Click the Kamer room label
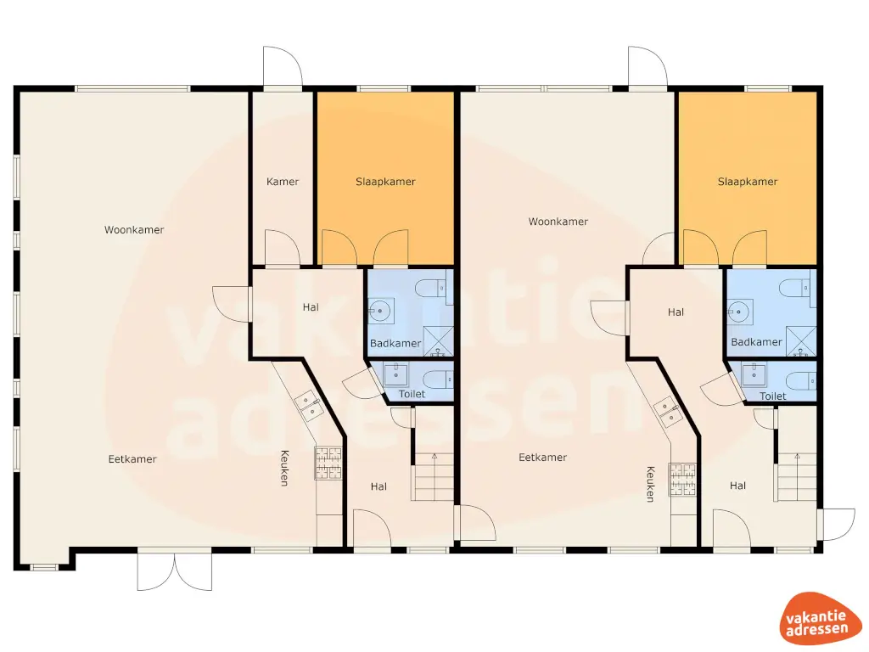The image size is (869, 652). point(283,182)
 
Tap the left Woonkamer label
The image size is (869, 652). point(134,230)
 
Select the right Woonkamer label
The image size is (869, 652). point(558,222)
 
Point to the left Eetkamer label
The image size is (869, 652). point(132,459)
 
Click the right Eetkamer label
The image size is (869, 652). point(542,458)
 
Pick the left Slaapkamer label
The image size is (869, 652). point(385,182)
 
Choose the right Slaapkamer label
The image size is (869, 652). point(748,182)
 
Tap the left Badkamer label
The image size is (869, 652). point(395,343)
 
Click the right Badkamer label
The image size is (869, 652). point(756,342)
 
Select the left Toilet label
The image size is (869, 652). point(412,395)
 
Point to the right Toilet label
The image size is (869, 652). point(772,396)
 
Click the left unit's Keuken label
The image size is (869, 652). point(284,468)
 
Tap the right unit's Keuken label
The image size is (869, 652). point(650,484)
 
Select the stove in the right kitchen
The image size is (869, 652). point(682,478)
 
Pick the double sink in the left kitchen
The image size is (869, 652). point(308,407)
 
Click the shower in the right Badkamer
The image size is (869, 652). point(801,340)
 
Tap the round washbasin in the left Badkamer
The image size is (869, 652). point(379,312)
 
